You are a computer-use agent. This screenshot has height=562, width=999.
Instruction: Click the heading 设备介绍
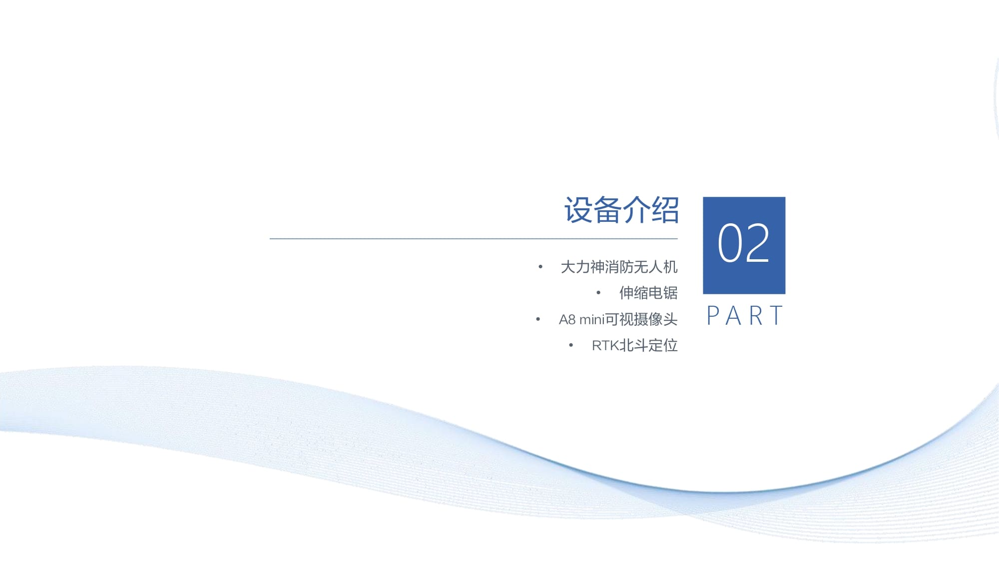[x=621, y=210]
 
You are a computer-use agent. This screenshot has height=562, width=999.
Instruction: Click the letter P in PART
[x=713, y=316]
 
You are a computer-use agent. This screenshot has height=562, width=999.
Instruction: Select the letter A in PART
[x=733, y=316]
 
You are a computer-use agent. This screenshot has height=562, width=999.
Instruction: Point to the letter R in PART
[x=756, y=316]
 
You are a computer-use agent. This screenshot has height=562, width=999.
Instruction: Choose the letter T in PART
[x=777, y=316]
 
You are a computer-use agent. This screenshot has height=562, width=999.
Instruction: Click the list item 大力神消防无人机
[x=619, y=267]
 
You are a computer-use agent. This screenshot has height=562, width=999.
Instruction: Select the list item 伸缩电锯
[x=648, y=293]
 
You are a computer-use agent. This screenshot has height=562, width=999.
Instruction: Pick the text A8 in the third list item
[x=567, y=319]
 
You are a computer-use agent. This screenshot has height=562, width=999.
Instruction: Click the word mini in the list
[x=592, y=319]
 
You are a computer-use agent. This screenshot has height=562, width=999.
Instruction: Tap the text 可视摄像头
[x=641, y=319]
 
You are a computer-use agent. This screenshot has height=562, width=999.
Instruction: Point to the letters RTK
[x=605, y=345]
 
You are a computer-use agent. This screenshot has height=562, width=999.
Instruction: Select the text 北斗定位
[x=648, y=345]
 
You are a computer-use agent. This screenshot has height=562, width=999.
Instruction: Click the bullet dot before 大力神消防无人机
[x=540, y=267]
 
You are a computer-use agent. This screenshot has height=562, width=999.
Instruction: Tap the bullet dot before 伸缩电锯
[x=598, y=293]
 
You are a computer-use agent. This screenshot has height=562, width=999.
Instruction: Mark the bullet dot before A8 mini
[x=538, y=319]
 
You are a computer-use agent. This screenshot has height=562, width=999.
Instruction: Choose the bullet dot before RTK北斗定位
[x=571, y=345]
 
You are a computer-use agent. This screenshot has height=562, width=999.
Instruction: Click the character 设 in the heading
[x=578, y=210]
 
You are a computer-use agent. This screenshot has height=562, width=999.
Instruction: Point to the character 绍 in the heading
[x=665, y=210]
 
